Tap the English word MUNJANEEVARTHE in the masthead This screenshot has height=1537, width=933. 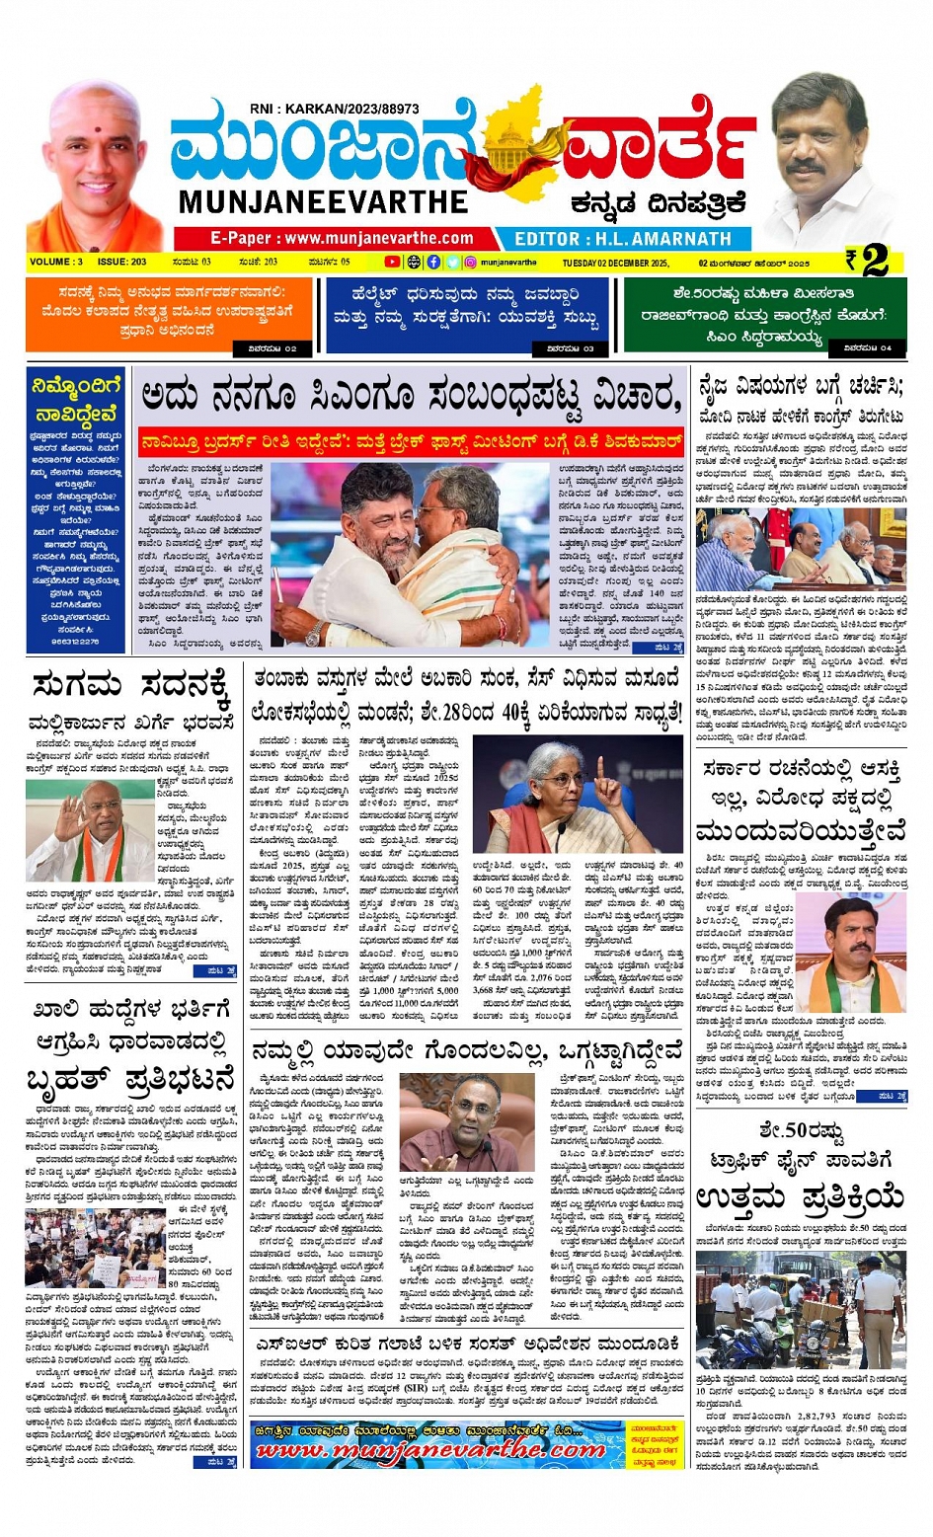point(323,201)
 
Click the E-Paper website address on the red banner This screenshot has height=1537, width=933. point(341,238)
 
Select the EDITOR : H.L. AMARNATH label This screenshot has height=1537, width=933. point(623,239)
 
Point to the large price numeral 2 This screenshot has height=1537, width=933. point(874,261)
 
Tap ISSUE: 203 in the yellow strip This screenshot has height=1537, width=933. point(122,263)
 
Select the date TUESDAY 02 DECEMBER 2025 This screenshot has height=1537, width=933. point(615,264)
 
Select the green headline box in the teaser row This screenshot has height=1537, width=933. point(764,314)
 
